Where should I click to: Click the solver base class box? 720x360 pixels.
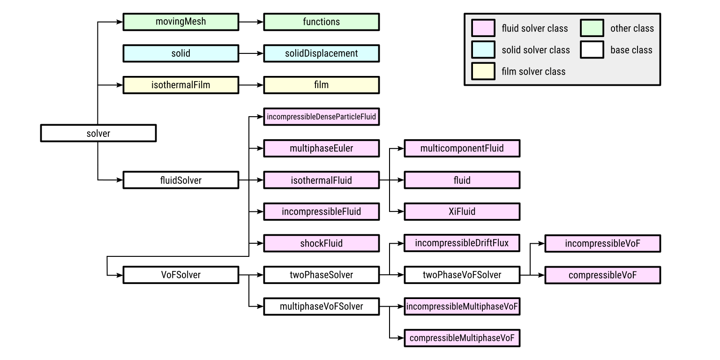coord(98,133)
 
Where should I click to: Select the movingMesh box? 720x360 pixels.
coord(180,22)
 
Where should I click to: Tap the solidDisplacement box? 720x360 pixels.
coord(321,53)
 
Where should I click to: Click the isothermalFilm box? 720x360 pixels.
coord(180,85)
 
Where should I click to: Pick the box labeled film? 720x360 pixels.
coord(321,85)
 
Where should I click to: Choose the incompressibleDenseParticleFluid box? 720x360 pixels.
coord(321,117)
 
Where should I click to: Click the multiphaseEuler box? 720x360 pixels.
coord(321,148)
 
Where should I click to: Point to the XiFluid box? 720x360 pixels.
coord(462,211)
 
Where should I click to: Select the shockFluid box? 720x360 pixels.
coord(321,243)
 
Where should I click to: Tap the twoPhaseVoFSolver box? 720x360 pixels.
coord(462,275)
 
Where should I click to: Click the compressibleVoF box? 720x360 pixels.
coord(602,275)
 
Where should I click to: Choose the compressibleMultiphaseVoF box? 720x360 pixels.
coord(462,338)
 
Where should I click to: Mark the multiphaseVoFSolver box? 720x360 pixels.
coord(321,307)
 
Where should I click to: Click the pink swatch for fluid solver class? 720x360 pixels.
coord(483,28)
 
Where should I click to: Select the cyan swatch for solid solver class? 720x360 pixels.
coord(483,50)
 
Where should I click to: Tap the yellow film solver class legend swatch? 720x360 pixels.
coord(483,71)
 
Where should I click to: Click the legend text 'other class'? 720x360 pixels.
coord(631,29)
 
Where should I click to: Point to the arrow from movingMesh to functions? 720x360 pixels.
coord(251,22)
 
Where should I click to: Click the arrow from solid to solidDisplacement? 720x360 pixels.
coord(251,53)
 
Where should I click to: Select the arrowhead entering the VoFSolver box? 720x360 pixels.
coord(120,275)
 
